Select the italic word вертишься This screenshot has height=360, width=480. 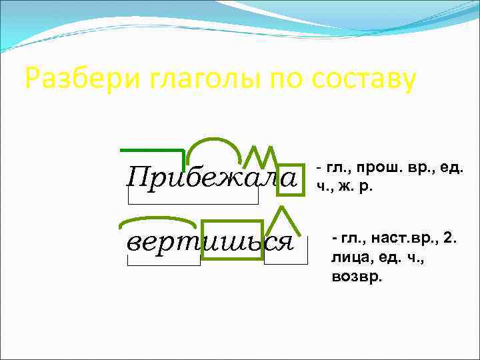tap(211, 241)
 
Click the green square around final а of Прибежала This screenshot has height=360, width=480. tap(291, 180)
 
